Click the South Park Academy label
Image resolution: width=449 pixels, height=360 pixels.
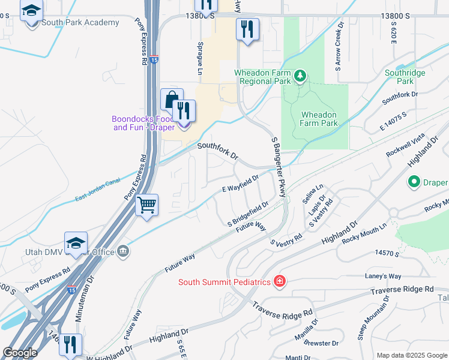tap(80, 23)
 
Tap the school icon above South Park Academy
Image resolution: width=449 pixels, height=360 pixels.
tap(31, 11)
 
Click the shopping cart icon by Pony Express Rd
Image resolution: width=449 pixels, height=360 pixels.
tap(146, 205)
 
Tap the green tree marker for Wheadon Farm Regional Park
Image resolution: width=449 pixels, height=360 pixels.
tap(301, 76)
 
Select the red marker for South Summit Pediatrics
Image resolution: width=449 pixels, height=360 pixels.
tap(279, 280)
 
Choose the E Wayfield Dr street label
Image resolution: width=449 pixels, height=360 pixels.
tap(240, 183)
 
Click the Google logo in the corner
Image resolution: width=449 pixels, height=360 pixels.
tap(20, 353)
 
